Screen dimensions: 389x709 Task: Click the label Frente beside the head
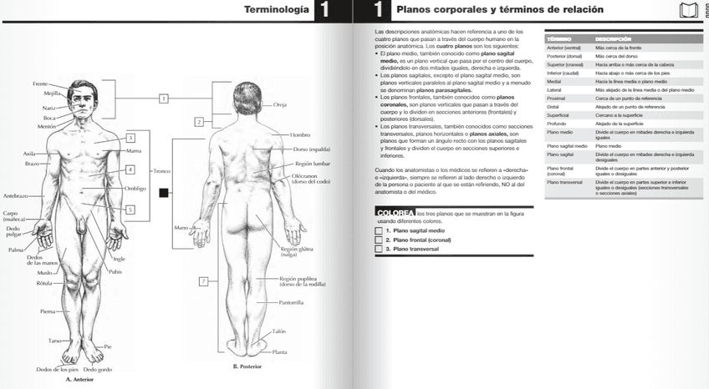pyautogui.click(x=40, y=84)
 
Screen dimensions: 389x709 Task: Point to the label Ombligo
pyautogui.click(x=135, y=189)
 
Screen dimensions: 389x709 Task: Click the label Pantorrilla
pyautogui.click(x=291, y=302)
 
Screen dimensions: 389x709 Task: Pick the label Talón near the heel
pyautogui.click(x=278, y=331)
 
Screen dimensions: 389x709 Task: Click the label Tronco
pyautogui.click(x=161, y=170)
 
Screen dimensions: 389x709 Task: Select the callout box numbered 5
pyautogui.click(x=130, y=210)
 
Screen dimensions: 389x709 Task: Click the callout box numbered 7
pyautogui.click(x=203, y=281)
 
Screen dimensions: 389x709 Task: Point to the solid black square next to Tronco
pyautogui.click(x=164, y=193)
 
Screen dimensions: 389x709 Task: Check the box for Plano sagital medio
pyautogui.click(x=380, y=230)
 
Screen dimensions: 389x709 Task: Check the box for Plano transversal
pyautogui.click(x=380, y=249)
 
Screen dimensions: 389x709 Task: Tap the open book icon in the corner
pyautogui.click(x=689, y=10)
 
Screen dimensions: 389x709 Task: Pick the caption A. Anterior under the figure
pyautogui.click(x=80, y=379)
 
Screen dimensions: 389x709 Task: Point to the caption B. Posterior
pyautogui.click(x=247, y=366)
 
